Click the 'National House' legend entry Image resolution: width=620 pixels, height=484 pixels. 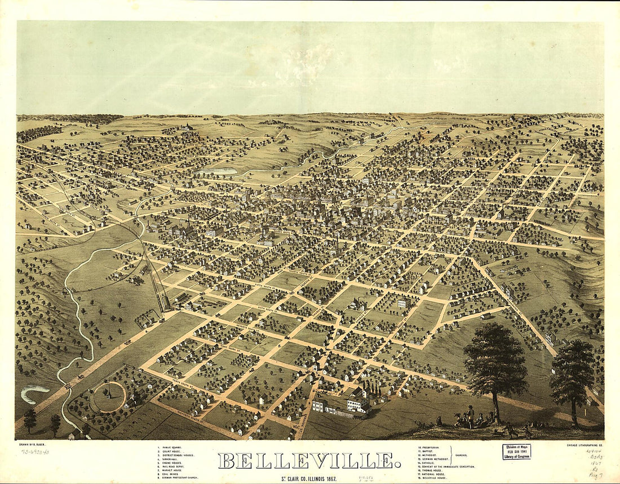432,474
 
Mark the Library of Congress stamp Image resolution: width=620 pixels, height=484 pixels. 516,451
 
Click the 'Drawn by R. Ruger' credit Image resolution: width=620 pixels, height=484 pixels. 32,445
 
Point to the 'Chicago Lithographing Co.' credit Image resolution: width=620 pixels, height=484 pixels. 584,445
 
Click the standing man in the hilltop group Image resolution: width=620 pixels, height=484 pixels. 471,415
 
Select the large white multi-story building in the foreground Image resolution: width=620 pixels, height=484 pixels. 358,401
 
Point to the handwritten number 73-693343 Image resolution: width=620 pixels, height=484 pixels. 35,451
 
